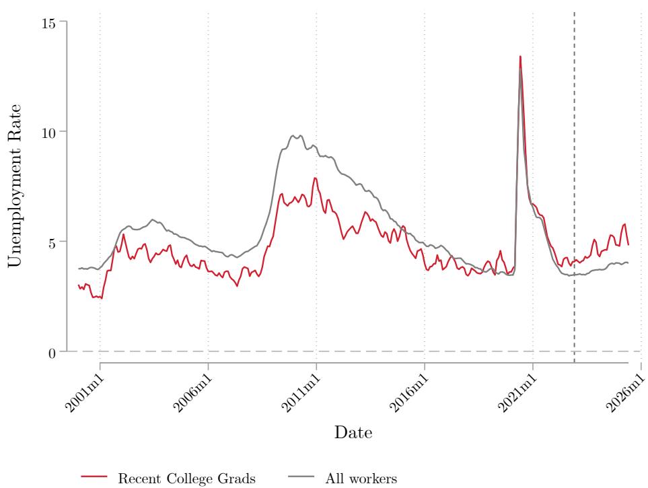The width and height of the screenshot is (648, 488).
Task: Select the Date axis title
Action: pyautogui.click(x=353, y=432)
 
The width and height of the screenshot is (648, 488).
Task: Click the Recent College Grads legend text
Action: pyautogui.click(x=186, y=479)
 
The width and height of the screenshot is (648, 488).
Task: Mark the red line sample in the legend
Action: pyautogui.click(x=94, y=478)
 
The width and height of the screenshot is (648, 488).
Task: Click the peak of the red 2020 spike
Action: pyautogui.click(x=520, y=57)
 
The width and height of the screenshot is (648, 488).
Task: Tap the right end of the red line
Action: pyautogui.click(x=628, y=244)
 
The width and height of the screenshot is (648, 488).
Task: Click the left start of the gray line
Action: pyautogui.click(x=79, y=269)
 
